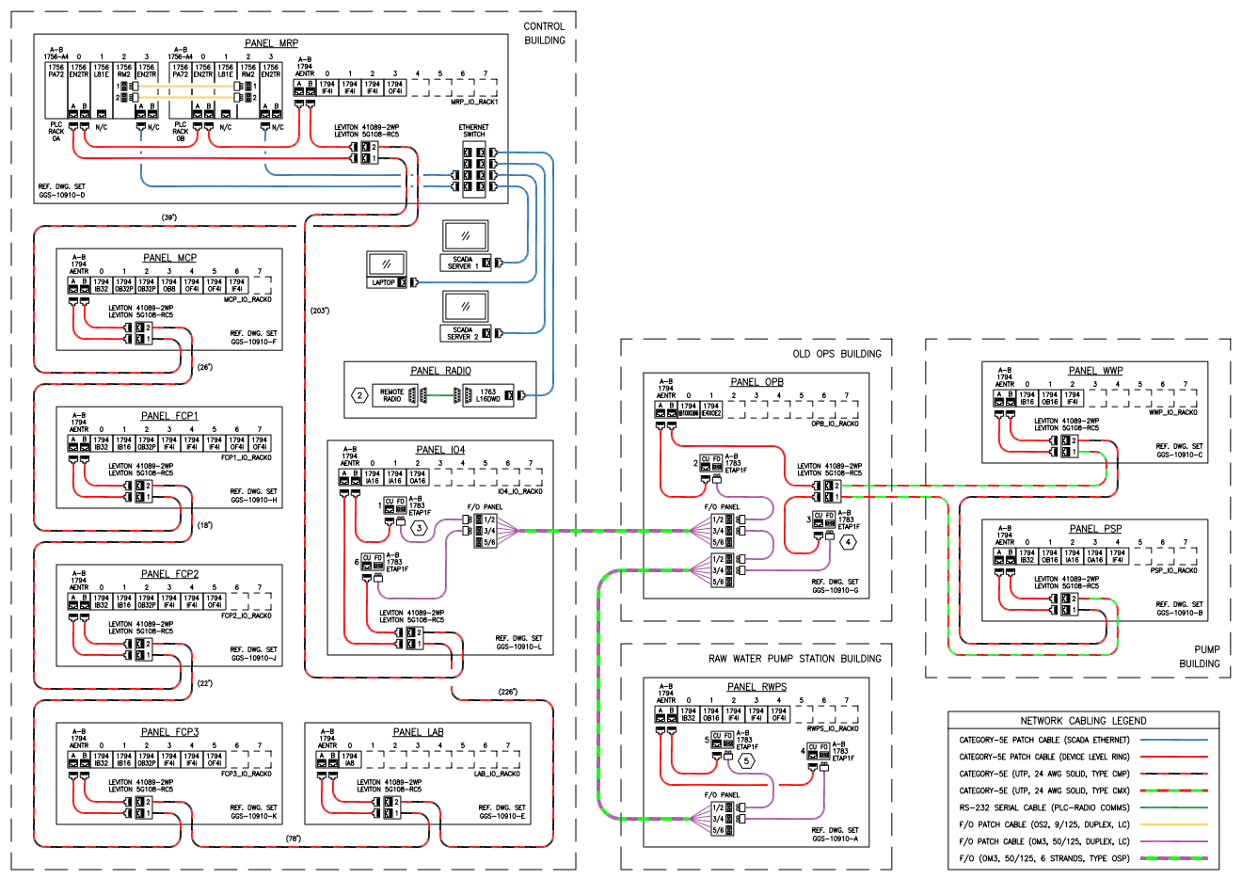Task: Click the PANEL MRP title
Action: pos(271,43)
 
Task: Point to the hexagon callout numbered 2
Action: pos(358,395)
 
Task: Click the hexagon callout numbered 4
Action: pos(848,541)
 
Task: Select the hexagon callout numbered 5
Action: pos(746,760)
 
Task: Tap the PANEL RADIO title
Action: pos(440,371)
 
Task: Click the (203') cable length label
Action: pos(320,310)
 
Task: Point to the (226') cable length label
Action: pos(507,692)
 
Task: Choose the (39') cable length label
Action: pos(169,217)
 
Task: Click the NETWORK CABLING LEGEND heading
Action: pos(1083,720)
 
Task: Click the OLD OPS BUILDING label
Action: pos(836,354)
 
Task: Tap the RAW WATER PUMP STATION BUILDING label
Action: pos(795,659)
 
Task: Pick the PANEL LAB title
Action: pos(418,732)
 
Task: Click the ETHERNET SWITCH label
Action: pos(473,131)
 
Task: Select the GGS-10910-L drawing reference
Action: pos(518,647)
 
